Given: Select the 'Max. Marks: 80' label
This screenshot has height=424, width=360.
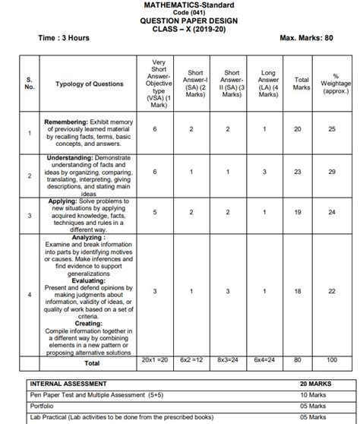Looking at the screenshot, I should point(308,37).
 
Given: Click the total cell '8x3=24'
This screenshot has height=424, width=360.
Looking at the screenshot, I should point(231,359).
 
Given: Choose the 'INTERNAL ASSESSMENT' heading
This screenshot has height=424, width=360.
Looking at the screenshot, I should point(68,384).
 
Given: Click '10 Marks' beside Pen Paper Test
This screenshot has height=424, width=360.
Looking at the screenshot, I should point(313,395).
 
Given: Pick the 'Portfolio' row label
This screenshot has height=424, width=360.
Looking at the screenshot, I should point(43,407).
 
